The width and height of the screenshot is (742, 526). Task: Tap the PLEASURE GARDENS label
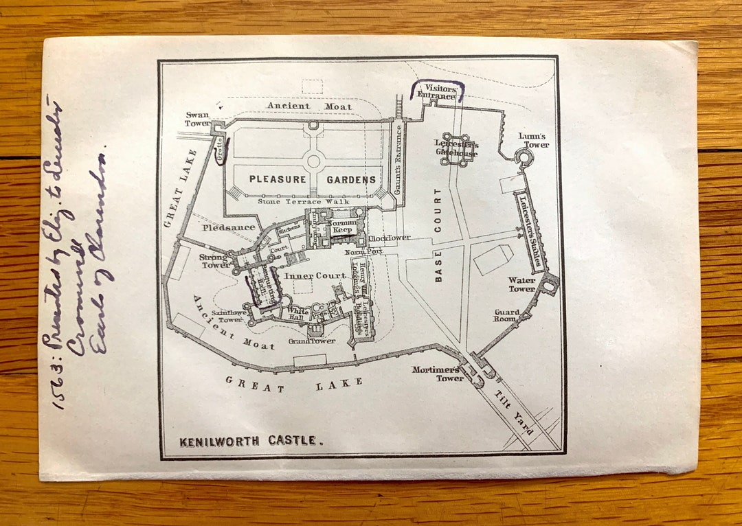[x=313, y=180]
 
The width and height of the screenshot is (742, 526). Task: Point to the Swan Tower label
[x=197, y=119]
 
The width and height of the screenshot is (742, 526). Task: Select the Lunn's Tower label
[x=534, y=140]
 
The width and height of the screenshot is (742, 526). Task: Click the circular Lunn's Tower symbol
[x=524, y=159]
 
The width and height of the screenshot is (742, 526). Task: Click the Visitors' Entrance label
[x=440, y=92]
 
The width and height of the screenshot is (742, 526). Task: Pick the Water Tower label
[x=522, y=284]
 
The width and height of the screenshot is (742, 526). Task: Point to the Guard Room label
[x=507, y=316]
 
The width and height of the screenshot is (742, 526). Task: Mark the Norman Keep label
[x=341, y=227]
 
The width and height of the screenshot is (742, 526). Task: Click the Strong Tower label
[x=214, y=261]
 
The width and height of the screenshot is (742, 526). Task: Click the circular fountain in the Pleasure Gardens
[x=314, y=161]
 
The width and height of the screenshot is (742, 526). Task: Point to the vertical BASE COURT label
[x=438, y=236]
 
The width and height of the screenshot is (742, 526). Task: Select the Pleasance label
[x=229, y=227]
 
